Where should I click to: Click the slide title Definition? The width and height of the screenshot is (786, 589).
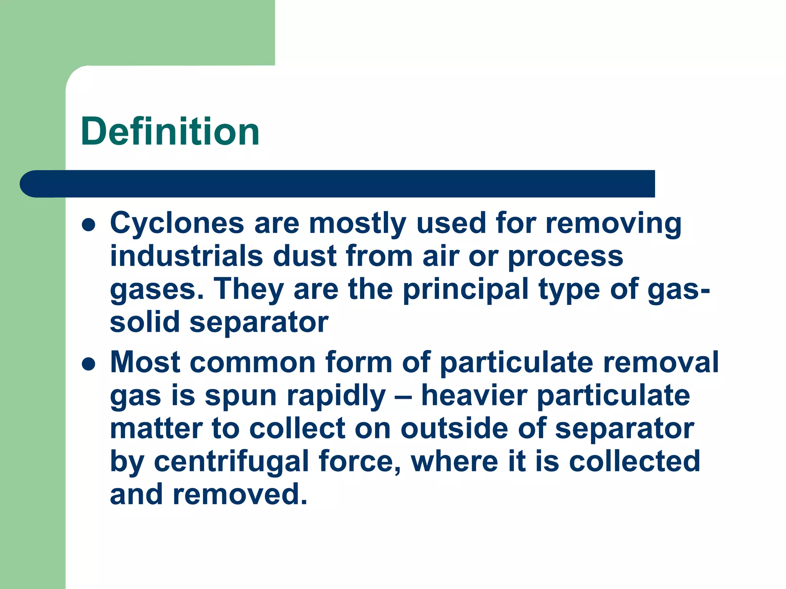(170, 132)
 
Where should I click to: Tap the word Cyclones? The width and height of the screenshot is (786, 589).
(177, 223)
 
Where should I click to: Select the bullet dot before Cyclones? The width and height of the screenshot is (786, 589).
(89, 225)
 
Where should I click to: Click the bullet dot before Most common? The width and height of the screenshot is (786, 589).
(89, 364)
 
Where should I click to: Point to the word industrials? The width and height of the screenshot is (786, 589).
(187, 256)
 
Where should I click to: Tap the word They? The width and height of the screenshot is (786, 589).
(248, 290)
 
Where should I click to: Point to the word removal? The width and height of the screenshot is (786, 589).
(661, 362)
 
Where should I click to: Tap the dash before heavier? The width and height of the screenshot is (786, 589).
(403, 397)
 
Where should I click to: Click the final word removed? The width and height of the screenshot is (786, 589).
(240, 494)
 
